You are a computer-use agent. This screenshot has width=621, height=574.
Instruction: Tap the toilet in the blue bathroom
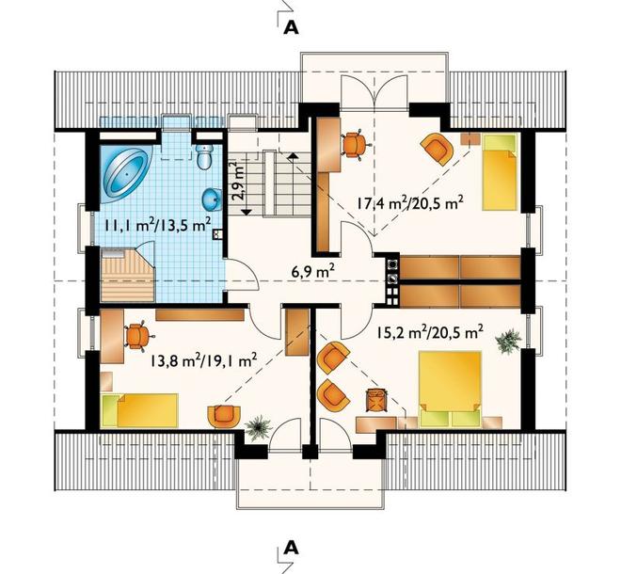(205, 155)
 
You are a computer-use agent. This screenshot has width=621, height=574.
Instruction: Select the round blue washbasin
(211, 199)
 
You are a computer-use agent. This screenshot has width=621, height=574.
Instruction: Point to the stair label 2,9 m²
(238, 182)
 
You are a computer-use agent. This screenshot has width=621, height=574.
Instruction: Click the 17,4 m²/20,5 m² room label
(410, 203)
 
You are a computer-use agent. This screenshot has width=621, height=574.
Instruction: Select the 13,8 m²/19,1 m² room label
(204, 360)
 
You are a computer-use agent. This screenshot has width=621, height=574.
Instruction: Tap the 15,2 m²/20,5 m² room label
(430, 332)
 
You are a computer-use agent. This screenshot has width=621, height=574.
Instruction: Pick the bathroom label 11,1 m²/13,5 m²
(157, 225)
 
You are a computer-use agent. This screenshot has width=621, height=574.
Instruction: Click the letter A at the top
(291, 27)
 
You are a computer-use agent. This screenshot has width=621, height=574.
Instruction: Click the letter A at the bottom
(291, 548)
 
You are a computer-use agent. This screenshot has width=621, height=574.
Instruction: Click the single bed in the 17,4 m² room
(501, 171)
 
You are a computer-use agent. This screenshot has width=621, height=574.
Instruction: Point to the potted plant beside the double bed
(508, 341)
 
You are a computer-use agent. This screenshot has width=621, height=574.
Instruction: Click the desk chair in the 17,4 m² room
(355, 145)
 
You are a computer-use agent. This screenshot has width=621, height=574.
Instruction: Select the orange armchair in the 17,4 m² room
(437, 148)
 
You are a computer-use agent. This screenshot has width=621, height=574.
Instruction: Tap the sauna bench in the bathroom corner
(128, 275)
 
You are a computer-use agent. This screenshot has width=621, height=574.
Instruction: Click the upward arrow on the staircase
(293, 155)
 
